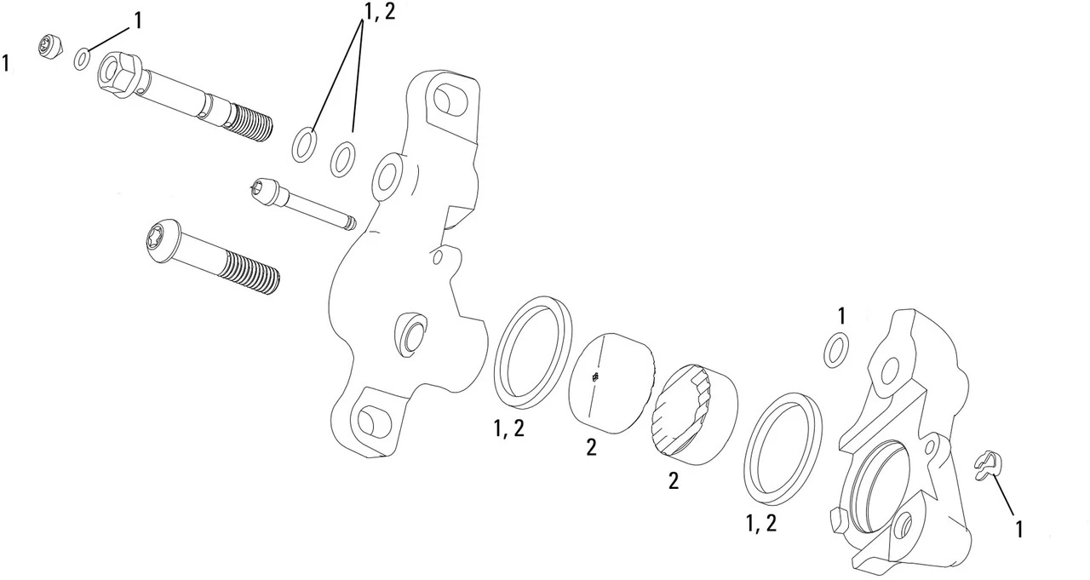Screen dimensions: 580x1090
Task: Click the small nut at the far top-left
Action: pyautogui.click(x=52, y=48)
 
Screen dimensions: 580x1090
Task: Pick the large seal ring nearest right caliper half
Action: pyautogui.click(x=783, y=447)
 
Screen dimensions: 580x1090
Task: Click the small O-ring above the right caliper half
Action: pyautogui.click(x=836, y=350)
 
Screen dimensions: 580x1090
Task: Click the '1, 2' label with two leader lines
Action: pyautogui.click(x=378, y=11)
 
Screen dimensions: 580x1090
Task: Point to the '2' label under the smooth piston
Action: pyautogui.click(x=590, y=447)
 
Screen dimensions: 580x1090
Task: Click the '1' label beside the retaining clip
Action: pyautogui.click(x=1018, y=529)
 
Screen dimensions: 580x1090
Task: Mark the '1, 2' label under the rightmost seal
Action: pyautogui.click(x=760, y=524)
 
